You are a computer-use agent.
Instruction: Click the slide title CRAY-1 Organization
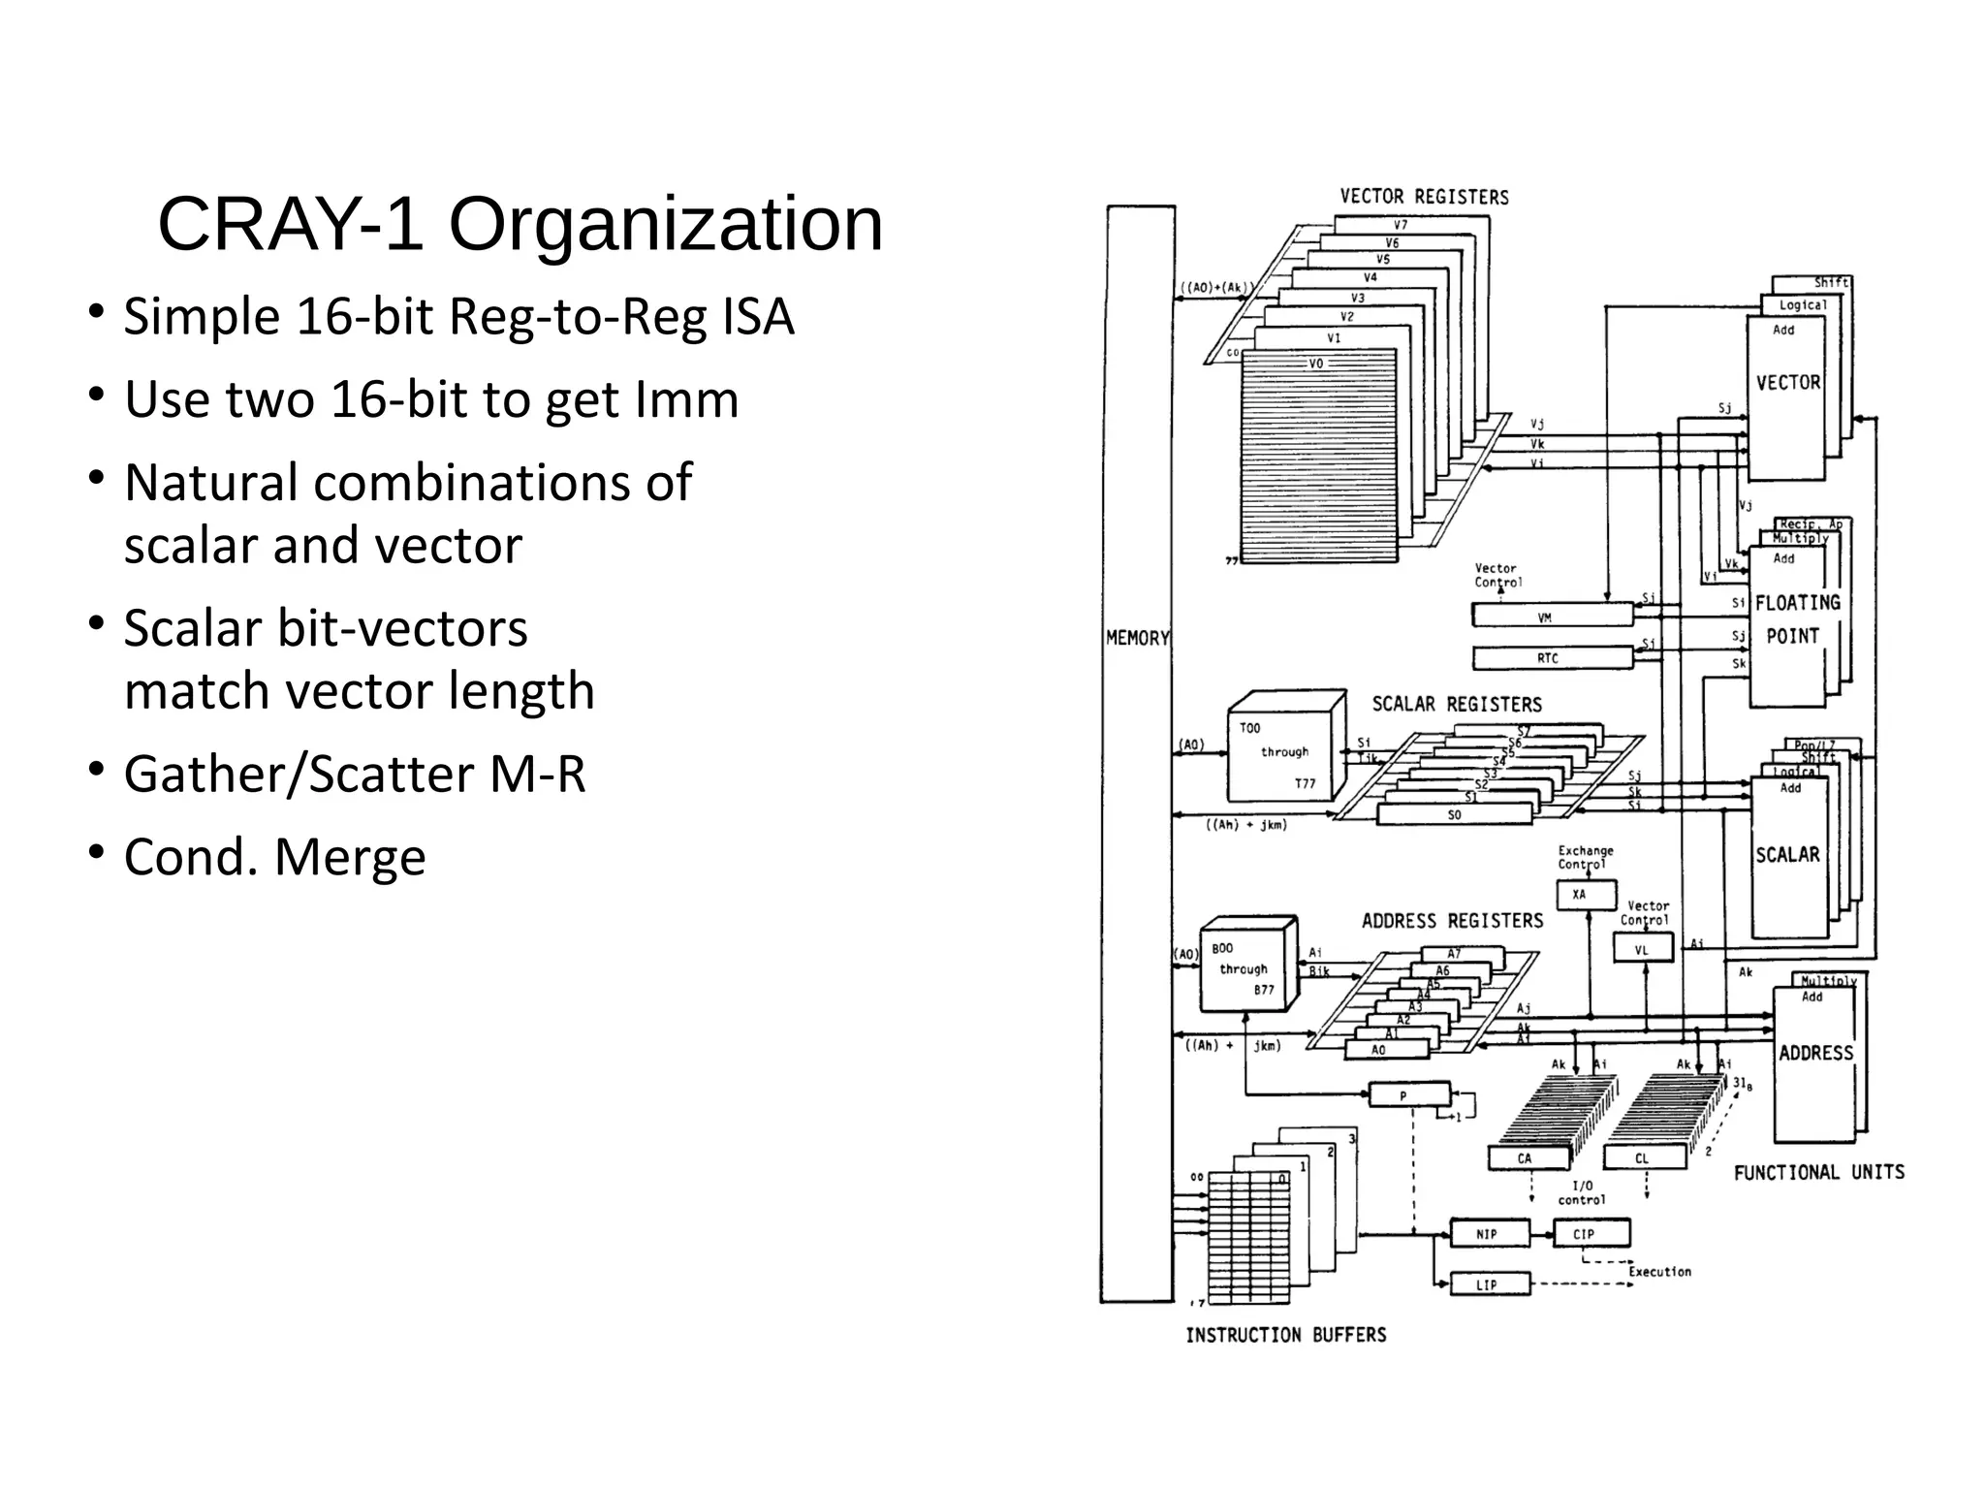click(x=520, y=225)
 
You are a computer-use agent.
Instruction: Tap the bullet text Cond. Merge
click(x=274, y=857)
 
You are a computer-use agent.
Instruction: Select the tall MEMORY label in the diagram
click(x=1137, y=638)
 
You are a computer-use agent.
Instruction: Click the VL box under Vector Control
click(x=1643, y=948)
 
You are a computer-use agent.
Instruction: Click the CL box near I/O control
click(x=1644, y=1157)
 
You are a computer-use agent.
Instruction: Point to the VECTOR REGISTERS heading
click(x=1424, y=197)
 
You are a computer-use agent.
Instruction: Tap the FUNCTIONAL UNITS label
click(x=1818, y=1172)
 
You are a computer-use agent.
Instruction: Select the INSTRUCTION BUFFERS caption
click(x=1285, y=1335)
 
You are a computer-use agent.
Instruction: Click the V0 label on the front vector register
click(x=1316, y=364)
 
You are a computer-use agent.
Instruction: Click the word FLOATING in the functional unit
click(x=1797, y=603)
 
